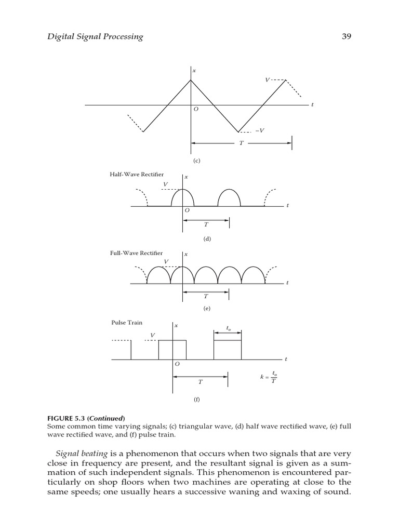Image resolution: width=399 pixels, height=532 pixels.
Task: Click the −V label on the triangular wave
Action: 259,130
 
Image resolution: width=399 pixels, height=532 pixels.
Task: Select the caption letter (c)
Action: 196,161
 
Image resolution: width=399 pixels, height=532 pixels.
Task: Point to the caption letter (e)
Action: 207,308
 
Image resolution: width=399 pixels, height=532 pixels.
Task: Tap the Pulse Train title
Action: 127,323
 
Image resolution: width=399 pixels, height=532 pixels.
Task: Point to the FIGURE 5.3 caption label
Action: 86,418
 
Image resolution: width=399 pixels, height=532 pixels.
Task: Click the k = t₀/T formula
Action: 269,377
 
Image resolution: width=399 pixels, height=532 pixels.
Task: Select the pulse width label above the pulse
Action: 228,328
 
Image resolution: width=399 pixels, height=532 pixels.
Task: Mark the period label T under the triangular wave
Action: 241,143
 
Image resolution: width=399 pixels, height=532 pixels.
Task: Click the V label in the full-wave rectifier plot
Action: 166,261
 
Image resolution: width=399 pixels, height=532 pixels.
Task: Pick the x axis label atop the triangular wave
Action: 194,70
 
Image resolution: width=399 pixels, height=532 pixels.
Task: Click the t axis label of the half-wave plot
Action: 287,206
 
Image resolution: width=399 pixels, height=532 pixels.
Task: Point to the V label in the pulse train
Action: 153,335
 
